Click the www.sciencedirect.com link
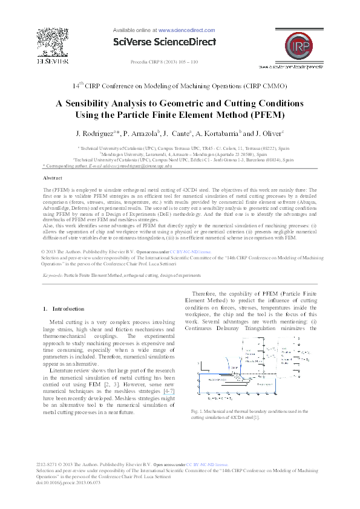tap(186, 30)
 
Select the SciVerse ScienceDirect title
tap(165, 42)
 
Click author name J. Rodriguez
tap(94, 133)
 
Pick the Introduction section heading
tap(68, 309)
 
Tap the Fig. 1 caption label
tap(191, 411)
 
